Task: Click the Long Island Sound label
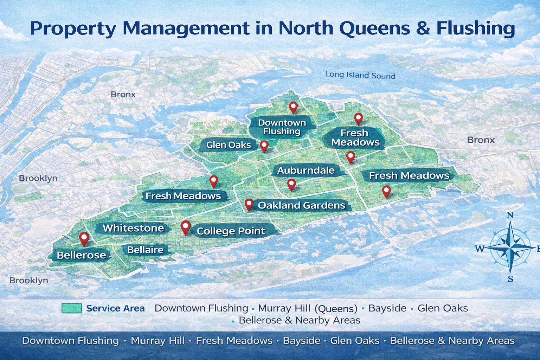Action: (x=360, y=75)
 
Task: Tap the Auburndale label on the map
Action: (x=306, y=171)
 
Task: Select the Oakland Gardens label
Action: (x=302, y=205)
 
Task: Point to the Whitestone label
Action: (x=133, y=228)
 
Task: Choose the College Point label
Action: (x=231, y=231)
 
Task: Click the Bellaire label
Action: (x=145, y=250)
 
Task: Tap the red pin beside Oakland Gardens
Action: (x=249, y=204)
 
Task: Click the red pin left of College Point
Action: (x=185, y=227)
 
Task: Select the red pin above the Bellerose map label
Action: (x=84, y=238)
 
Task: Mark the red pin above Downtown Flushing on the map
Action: (x=293, y=107)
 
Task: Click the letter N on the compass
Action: (x=510, y=215)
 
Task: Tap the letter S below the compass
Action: (x=510, y=279)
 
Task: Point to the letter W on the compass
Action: (x=480, y=249)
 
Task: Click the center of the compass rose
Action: (x=511, y=248)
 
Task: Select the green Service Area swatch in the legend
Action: (x=72, y=308)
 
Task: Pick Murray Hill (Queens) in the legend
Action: (x=307, y=308)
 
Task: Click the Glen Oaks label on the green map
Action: (x=229, y=145)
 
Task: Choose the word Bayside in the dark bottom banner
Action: (x=301, y=341)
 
